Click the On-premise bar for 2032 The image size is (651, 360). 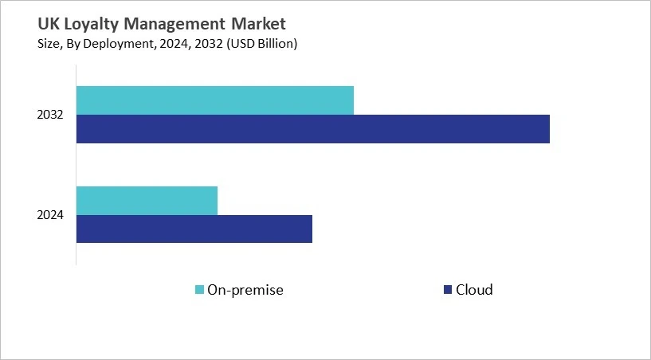215,100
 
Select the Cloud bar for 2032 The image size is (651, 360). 313,129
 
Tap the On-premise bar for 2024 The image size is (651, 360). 147,201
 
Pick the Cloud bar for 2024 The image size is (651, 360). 194,229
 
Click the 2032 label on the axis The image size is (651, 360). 50,115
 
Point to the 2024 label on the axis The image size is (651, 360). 50,216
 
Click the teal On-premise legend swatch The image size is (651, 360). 199,289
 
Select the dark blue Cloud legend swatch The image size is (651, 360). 447,289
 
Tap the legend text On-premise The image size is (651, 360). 245,290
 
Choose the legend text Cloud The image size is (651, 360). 474,290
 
